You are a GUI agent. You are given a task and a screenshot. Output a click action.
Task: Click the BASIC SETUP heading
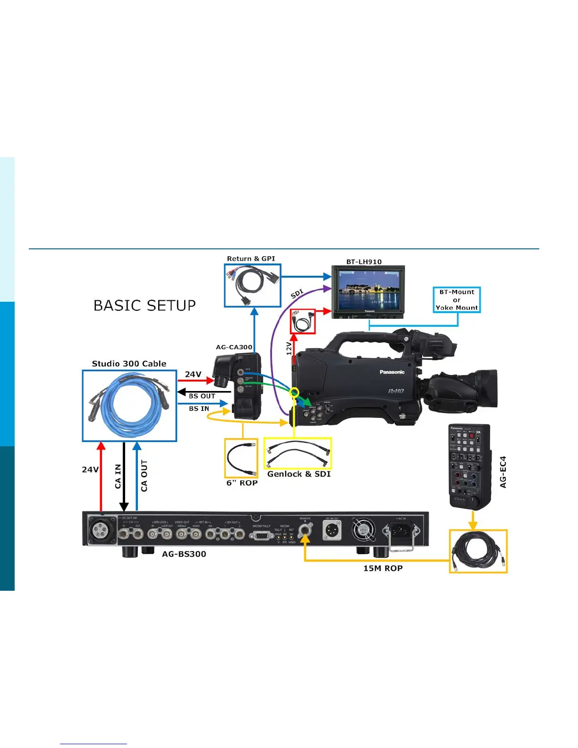pos(144,306)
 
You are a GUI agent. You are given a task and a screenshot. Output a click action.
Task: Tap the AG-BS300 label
pos(184,554)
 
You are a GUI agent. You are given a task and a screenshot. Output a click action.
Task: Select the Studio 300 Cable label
pos(129,364)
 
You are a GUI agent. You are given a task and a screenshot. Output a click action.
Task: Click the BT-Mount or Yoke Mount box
pos(457,300)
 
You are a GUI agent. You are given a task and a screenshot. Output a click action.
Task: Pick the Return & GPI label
pos(251,259)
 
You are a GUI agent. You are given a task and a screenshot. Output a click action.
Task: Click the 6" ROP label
pos(242,483)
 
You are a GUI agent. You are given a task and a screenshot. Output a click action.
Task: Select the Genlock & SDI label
pos(299,474)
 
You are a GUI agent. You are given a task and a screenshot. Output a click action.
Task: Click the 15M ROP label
pos(383,568)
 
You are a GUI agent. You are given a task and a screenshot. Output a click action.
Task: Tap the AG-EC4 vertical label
pos(503,472)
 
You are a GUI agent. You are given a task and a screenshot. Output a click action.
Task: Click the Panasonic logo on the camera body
pos(392,372)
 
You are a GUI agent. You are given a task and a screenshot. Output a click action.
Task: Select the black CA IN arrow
pos(124,477)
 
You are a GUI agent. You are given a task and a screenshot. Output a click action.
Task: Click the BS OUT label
pos(202,396)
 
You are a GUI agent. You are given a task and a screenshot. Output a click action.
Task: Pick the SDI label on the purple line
pos(297,294)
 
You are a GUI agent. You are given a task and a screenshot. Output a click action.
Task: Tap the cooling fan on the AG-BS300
pos(363,530)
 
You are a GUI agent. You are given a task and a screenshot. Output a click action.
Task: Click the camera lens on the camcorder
pos(482,388)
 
